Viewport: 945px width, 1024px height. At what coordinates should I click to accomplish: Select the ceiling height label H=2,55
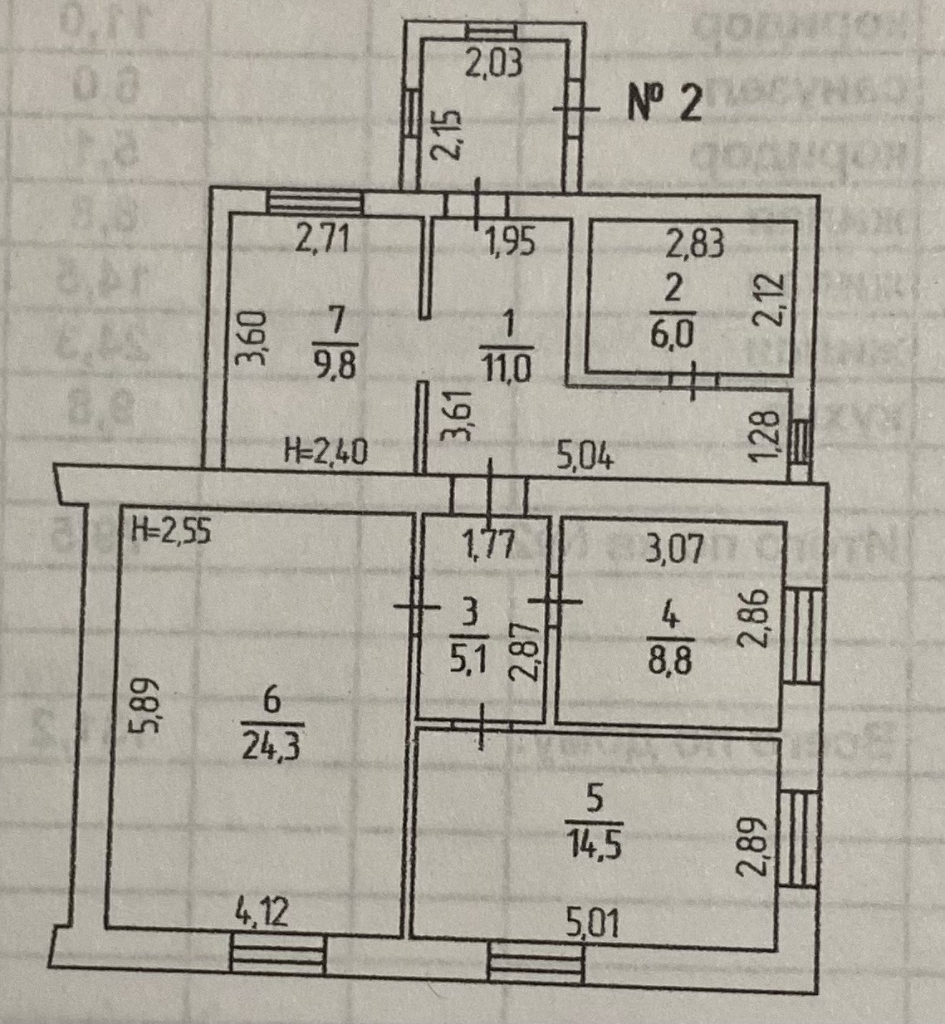pos(172,530)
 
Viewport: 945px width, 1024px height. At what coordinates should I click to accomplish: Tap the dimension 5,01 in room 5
pos(594,923)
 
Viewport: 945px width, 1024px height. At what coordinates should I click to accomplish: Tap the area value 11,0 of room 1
pos(507,366)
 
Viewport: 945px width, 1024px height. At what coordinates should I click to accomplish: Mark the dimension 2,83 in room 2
pos(696,243)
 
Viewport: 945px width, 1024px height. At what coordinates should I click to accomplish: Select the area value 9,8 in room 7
pos(335,366)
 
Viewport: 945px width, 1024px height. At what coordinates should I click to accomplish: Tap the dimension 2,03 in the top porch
pos(492,64)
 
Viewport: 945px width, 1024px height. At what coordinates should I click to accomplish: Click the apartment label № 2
pos(664,105)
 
